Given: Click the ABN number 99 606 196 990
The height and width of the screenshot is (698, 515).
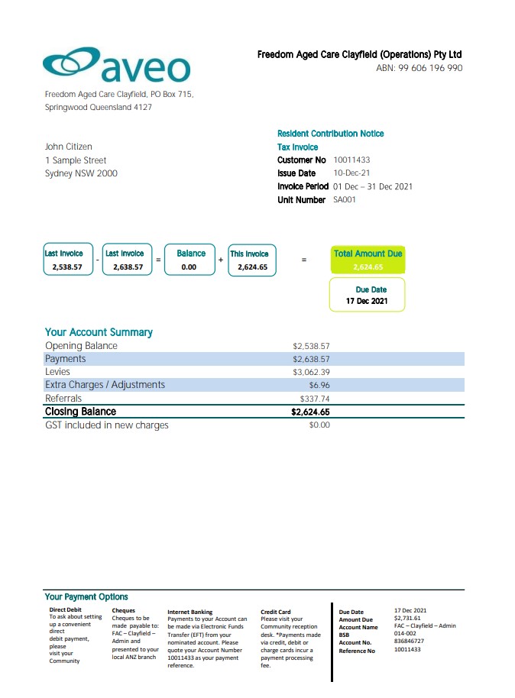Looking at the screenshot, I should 419,68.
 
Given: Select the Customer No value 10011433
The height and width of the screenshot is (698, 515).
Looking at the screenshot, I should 351,160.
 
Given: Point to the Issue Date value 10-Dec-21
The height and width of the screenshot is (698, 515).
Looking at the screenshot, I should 352,173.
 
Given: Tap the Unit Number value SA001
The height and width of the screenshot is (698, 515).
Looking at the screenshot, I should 345,200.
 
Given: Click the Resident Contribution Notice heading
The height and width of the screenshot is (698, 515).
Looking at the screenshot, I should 330,134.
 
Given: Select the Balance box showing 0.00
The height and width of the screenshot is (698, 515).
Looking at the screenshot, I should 190,260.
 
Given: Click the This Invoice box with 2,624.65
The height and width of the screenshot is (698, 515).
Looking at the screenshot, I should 252,260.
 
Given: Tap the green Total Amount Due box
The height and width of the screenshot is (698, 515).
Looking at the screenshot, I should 368,260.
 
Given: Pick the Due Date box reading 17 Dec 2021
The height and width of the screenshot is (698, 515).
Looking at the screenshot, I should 368,295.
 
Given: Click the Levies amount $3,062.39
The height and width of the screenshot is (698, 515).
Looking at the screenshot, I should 311,372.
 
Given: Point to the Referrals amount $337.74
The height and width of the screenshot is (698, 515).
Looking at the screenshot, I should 315,399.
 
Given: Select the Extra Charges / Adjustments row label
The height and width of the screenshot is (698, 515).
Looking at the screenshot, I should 105,385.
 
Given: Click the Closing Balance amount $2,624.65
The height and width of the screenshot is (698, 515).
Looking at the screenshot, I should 310,412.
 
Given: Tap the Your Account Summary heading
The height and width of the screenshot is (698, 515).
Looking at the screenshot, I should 99,332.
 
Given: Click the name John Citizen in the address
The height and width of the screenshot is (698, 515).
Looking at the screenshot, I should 69,147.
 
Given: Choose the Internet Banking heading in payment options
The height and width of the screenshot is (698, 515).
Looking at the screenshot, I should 189,612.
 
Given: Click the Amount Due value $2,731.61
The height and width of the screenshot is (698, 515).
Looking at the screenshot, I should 407,619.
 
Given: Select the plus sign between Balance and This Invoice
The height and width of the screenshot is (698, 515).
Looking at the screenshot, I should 221,260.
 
